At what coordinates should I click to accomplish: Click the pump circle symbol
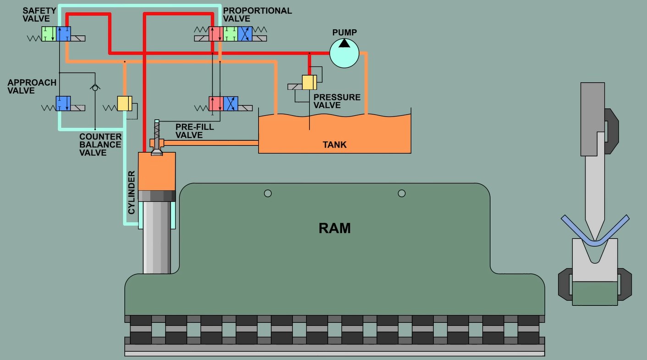point(344,53)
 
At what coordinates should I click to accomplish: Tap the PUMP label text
point(344,33)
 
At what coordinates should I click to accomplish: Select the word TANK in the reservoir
point(334,145)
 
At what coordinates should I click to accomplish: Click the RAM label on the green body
point(334,228)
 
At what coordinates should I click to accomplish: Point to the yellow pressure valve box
point(309,82)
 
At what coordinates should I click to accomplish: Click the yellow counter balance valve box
point(124,103)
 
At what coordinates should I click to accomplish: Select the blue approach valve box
point(63,103)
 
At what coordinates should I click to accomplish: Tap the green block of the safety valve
point(49,34)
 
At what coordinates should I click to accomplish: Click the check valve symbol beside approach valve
point(95,87)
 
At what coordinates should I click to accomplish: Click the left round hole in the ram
point(268,194)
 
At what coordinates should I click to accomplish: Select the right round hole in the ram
point(402,194)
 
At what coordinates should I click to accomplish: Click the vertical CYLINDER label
point(132,193)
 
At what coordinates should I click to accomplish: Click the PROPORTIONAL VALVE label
point(257,15)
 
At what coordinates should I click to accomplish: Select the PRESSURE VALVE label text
point(337,101)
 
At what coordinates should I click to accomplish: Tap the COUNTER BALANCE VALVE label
point(100,144)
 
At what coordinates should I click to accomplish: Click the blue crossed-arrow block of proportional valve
point(245,34)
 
